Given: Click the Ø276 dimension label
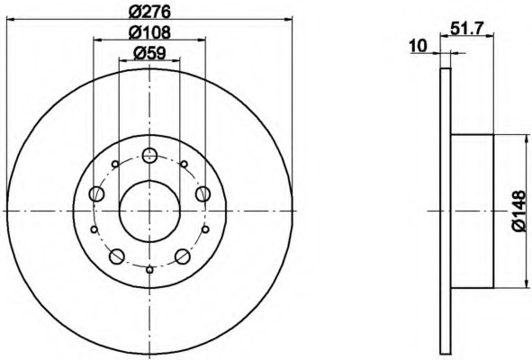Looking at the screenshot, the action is [x=149, y=13].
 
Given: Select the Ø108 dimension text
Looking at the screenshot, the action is [x=149, y=33].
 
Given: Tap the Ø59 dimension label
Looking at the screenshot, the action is [x=149, y=53].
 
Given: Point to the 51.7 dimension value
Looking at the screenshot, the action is [x=466, y=29].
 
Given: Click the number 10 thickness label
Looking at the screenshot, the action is [x=418, y=46].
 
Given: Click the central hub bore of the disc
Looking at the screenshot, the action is [x=149, y=211].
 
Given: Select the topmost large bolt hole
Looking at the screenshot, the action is [x=149, y=156].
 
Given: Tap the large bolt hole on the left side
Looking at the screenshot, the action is [x=96, y=194].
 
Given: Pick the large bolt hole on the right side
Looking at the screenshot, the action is [x=203, y=193].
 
